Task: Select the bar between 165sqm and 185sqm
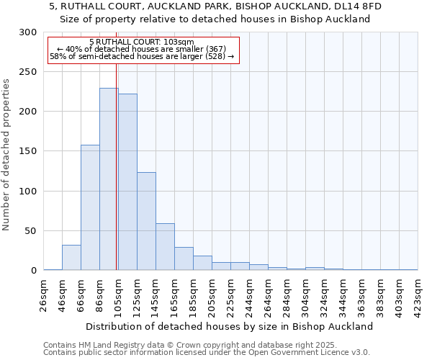pyautogui.click(x=184, y=258)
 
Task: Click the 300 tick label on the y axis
pyautogui.click(x=27, y=32)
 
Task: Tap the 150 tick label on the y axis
pyautogui.click(x=27, y=151)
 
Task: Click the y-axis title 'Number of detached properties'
pyautogui.click(x=7, y=155)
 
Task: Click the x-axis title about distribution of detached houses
pyautogui.click(x=229, y=326)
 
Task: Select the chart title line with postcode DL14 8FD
pyautogui.click(x=215, y=6)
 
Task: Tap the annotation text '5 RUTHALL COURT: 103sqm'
pyautogui.click(x=142, y=42)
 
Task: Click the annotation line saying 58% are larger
pyautogui.click(x=142, y=56)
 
